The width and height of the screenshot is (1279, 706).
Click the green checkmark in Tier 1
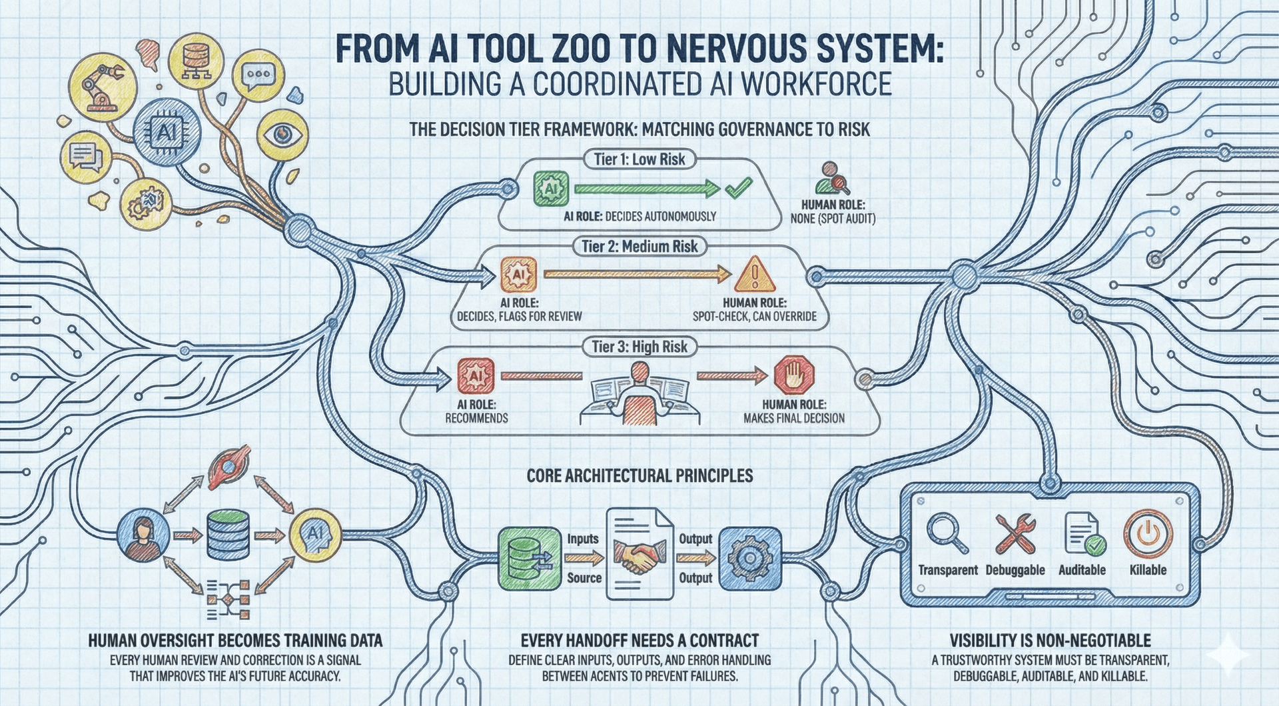[x=738, y=188]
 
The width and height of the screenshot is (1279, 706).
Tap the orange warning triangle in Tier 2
[x=755, y=274]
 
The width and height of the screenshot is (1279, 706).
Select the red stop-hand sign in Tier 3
[x=793, y=376]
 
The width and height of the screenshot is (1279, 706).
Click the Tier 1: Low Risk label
[x=639, y=159]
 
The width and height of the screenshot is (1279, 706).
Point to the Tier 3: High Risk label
[x=639, y=347]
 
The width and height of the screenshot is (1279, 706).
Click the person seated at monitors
[x=639, y=393]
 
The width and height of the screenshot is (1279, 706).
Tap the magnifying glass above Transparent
[x=947, y=533]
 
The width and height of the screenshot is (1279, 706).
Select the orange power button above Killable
[x=1148, y=533]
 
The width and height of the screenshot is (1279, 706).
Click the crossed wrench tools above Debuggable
[x=1015, y=533]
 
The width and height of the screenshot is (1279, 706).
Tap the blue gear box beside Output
[x=750, y=559]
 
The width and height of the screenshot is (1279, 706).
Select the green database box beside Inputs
[x=529, y=559]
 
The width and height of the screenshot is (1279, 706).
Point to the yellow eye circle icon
[x=282, y=135]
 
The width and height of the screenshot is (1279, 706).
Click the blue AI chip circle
[x=167, y=132]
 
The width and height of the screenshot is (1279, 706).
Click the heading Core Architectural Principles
[x=639, y=475]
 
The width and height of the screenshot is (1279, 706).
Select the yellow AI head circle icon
[x=315, y=533]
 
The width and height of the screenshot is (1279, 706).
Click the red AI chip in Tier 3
[x=476, y=376]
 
